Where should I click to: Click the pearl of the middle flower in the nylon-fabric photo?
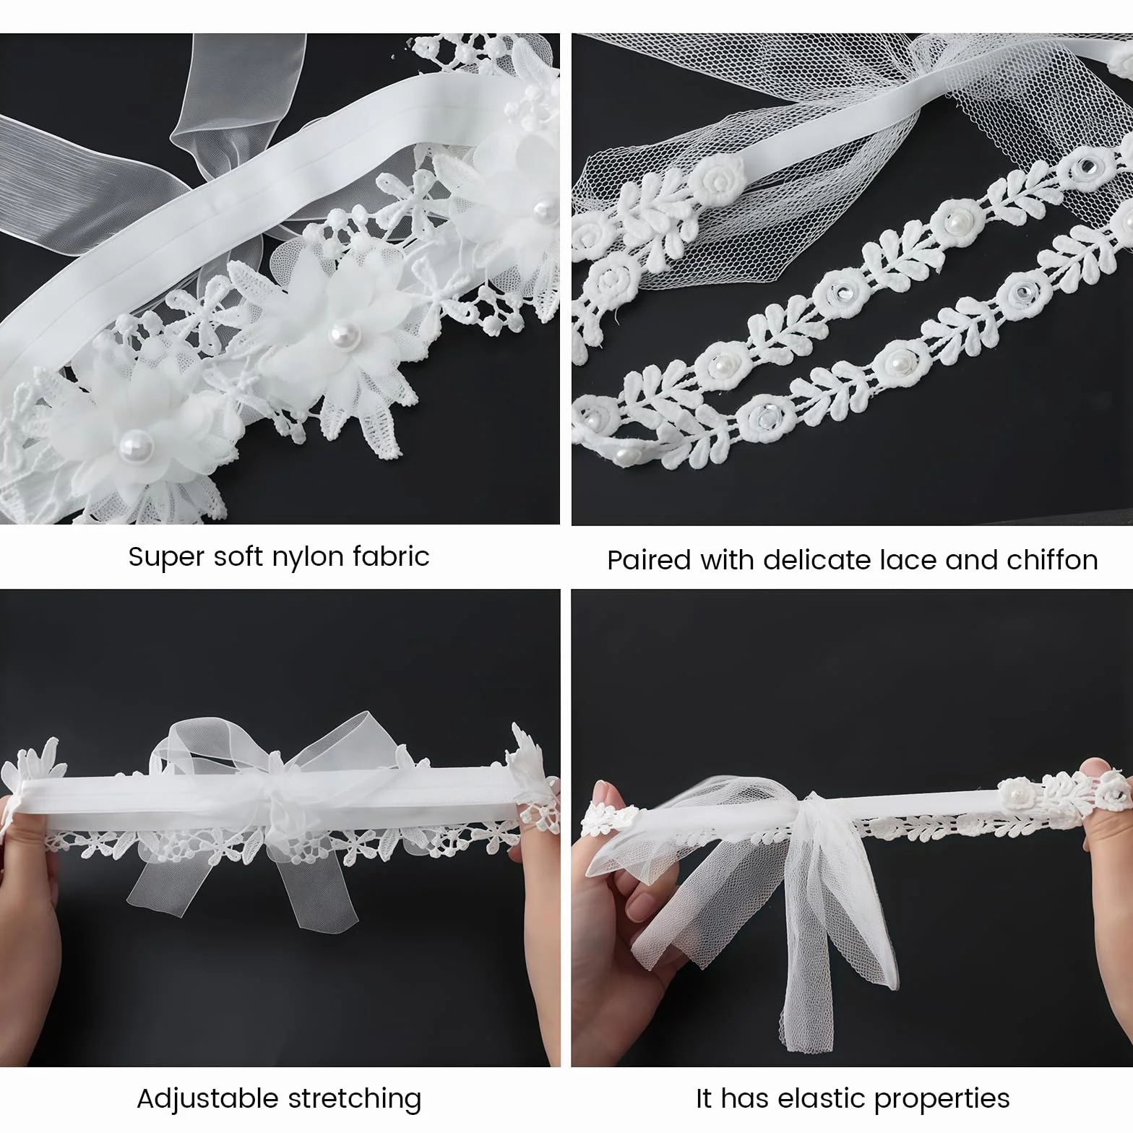coord(337,333)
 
